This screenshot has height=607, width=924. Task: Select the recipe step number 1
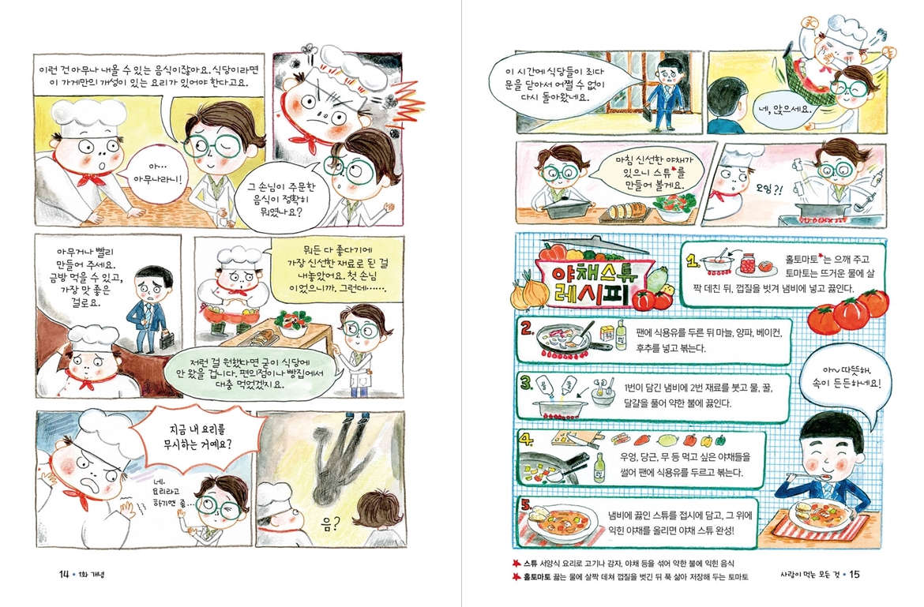point(691,262)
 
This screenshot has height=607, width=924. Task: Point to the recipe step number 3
point(527,384)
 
